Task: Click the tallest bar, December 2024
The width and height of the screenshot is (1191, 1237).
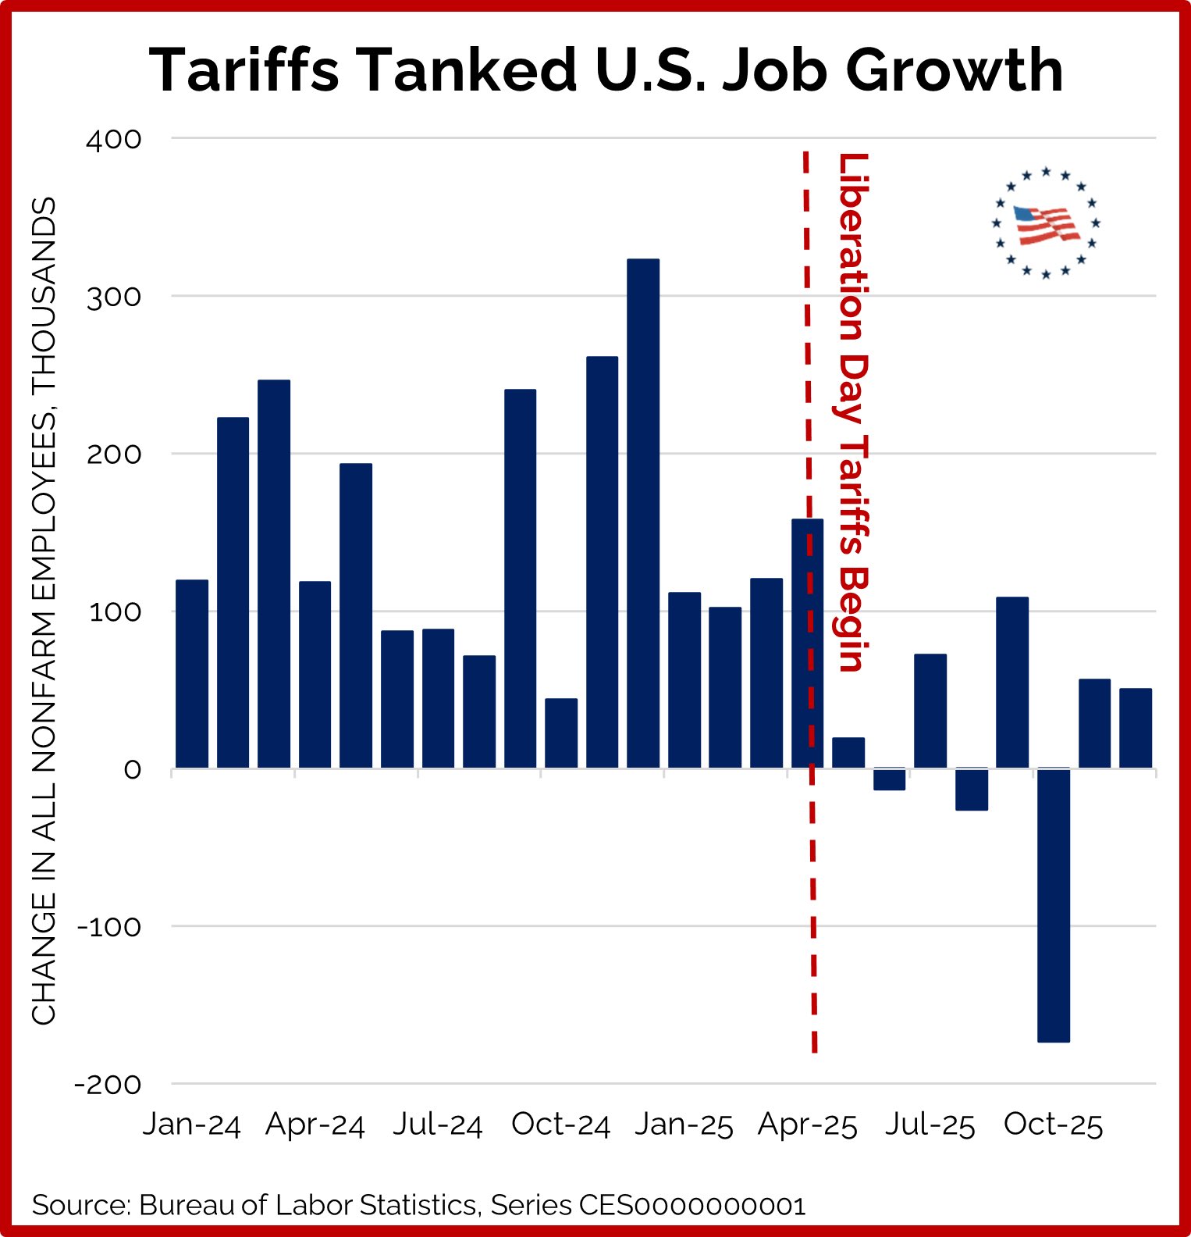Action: point(643,513)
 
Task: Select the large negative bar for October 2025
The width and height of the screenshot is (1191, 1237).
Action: point(1053,905)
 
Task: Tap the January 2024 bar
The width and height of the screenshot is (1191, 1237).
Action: point(192,674)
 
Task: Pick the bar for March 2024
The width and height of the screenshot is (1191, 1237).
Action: point(274,574)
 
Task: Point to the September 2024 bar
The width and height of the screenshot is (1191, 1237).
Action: point(520,579)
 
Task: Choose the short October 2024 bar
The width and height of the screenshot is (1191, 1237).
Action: point(561,733)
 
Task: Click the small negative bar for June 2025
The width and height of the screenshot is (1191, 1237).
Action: point(889,779)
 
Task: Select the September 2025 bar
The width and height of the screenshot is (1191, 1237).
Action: point(1012,683)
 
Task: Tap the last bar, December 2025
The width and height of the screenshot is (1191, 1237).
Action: point(1135,728)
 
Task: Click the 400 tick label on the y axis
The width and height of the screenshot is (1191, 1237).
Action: point(114,140)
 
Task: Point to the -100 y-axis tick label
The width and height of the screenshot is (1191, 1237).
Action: point(108,928)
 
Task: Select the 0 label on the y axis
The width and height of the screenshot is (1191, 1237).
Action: point(133,770)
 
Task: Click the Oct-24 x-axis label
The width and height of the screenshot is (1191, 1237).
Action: point(560,1125)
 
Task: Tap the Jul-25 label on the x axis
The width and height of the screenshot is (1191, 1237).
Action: point(930,1125)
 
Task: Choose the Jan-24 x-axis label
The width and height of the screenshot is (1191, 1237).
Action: point(192,1125)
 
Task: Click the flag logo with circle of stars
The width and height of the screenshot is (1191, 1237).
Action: point(1046,223)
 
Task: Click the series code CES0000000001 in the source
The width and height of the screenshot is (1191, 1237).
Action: point(691,1205)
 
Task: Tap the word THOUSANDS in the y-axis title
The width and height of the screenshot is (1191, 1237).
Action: point(44,297)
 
